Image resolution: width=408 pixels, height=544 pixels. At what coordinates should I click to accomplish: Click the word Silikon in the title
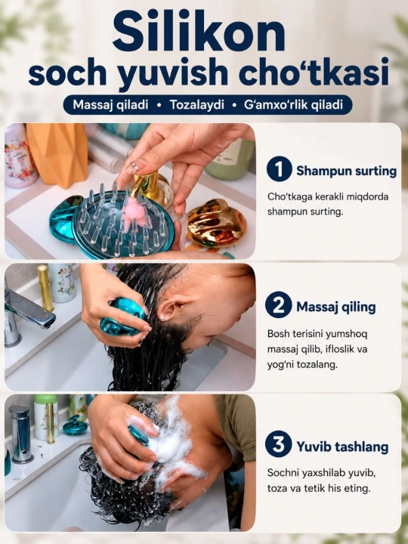click(199, 32)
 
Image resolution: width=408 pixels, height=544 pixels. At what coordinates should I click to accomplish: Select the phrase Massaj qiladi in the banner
click(110, 104)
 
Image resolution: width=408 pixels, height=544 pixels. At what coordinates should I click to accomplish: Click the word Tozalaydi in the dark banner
click(197, 105)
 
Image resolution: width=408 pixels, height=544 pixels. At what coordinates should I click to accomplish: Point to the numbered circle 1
click(280, 169)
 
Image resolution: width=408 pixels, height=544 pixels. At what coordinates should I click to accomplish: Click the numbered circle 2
click(278, 305)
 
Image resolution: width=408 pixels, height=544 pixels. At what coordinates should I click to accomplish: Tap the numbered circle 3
click(278, 444)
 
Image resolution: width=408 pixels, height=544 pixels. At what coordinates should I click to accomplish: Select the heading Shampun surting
click(346, 171)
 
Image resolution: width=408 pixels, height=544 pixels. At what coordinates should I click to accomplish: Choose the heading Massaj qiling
click(335, 307)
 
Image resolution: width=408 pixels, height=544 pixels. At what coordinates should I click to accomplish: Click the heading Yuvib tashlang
click(342, 447)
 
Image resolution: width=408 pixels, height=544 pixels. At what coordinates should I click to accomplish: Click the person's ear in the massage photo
click(171, 309)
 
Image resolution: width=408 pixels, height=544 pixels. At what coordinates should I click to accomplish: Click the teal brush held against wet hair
click(123, 317)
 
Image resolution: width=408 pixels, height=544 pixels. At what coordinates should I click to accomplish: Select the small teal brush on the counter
click(75, 425)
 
